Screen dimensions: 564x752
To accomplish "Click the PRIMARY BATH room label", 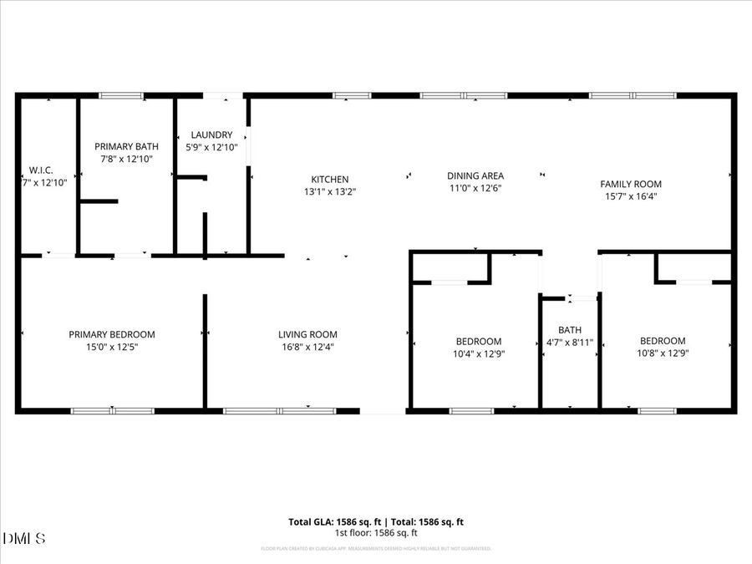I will pyautogui.click(x=126, y=146).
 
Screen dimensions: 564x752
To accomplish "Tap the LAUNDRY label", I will pyautogui.click(x=211, y=135).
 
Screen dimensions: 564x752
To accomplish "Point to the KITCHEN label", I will pyautogui.click(x=330, y=180).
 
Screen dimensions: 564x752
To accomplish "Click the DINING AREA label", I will pyautogui.click(x=475, y=175).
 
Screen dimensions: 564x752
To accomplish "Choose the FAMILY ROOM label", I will pyautogui.click(x=631, y=184).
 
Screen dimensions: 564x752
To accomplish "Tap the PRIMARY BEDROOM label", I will pyautogui.click(x=112, y=334).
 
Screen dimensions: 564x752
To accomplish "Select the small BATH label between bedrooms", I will pyautogui.click(x=570, y=330).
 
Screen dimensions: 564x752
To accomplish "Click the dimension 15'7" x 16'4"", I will pyautogui.click(x=631, y=196).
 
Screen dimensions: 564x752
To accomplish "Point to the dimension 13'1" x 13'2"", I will pyautogui.click(x=330, y=191).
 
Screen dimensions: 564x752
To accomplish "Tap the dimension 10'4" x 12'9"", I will pyautogui.click(x=479, y=353).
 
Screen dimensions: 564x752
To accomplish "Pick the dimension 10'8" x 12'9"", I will pyautogui.click(x=663, y=353).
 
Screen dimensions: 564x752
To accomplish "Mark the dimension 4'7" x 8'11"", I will pyautogui.click(x=570, y=343).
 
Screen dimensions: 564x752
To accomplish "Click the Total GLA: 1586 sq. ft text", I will pyautogui.click(x=338, y=522).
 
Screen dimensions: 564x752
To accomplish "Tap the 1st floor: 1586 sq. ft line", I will pyautogui.click(x=376, y=533).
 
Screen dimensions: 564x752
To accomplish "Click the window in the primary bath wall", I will pyautogui.click(x=121, y=95).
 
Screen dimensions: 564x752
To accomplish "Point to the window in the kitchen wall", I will pyautogui.click(x=352, y=95).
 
